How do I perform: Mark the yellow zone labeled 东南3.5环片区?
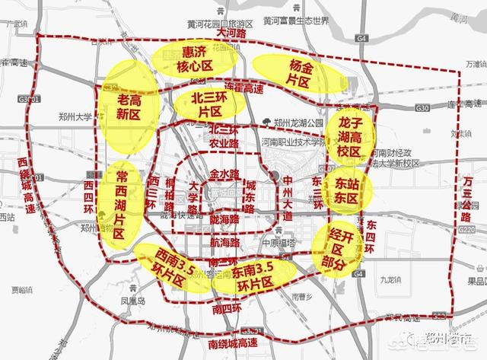[242, 279]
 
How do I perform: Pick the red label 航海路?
[224, 242]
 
